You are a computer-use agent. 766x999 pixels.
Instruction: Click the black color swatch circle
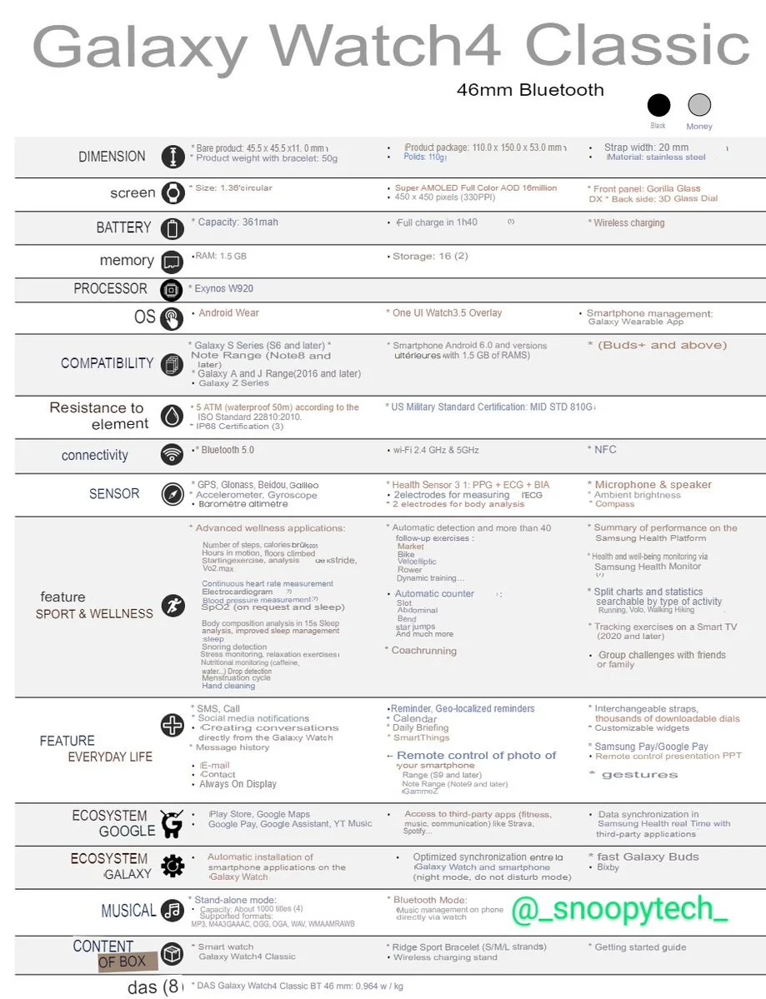[658, 105]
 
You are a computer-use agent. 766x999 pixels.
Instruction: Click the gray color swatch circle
[699, 105]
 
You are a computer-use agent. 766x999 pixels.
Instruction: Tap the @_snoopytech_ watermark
[619, 909]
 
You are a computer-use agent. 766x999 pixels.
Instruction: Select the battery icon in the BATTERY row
[173, 228]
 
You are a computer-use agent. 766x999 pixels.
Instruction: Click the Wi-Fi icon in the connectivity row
[173, 455]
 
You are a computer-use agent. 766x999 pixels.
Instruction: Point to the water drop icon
[172, 416]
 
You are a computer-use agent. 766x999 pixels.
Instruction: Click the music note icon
[173, 911]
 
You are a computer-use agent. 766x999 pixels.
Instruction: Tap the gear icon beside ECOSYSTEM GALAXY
[173, 866]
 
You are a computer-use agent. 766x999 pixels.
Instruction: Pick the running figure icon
[173, 606]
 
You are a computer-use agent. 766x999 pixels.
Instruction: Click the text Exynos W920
[224, 289]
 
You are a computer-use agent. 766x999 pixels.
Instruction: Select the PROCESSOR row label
[110, 289]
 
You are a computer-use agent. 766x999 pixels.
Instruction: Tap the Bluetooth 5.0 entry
[225, 450]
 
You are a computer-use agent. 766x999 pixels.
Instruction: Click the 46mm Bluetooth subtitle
[530, 90]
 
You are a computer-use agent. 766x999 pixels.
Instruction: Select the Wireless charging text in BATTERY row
[628, 223]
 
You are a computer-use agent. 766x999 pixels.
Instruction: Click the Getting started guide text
[640, 947]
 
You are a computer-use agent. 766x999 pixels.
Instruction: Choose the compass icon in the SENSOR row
[173, 494]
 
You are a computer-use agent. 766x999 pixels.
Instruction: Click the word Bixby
[608, 867]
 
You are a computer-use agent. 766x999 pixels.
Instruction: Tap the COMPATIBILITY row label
[107, 363]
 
